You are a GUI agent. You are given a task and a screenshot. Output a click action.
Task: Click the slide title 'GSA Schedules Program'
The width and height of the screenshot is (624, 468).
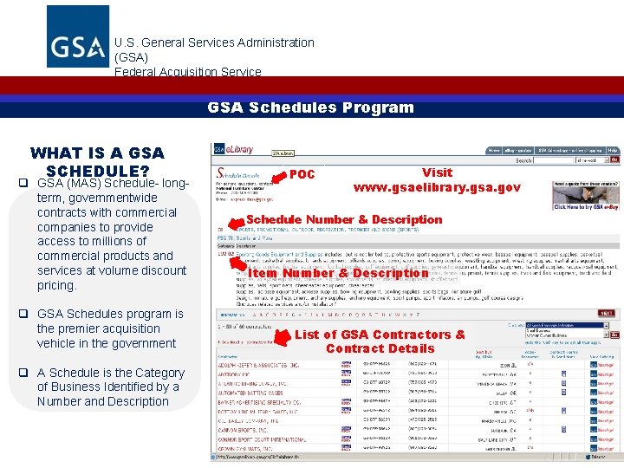(x=310, y=107)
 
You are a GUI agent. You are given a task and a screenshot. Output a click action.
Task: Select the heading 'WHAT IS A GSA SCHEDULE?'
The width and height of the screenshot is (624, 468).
(x=96, y=162)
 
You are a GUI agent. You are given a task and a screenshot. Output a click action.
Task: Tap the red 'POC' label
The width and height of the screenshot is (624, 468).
(x=302, y=174)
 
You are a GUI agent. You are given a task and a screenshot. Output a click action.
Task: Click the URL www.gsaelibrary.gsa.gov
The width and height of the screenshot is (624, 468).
(x=437, y=187)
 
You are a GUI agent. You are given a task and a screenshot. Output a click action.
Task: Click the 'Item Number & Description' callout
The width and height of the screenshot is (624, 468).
(x=338, y=273)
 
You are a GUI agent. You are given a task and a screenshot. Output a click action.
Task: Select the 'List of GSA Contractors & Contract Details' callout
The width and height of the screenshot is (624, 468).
(x=380, y=341)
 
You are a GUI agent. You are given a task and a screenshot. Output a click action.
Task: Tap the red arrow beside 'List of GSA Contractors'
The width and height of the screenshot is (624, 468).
(x=281, y=338)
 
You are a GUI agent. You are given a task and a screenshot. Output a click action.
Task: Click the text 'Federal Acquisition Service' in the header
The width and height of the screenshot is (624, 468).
(x=187, y=72)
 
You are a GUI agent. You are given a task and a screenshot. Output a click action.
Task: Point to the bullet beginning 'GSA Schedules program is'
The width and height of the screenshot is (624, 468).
(x=110, y=314)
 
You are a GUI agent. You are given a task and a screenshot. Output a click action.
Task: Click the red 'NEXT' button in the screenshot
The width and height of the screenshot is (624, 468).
(x=606, y=313)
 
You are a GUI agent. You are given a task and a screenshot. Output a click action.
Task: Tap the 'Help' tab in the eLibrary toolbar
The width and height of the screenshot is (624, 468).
(x=613, y=150)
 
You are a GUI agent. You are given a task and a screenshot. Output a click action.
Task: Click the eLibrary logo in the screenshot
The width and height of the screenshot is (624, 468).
(x=234, y=150)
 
